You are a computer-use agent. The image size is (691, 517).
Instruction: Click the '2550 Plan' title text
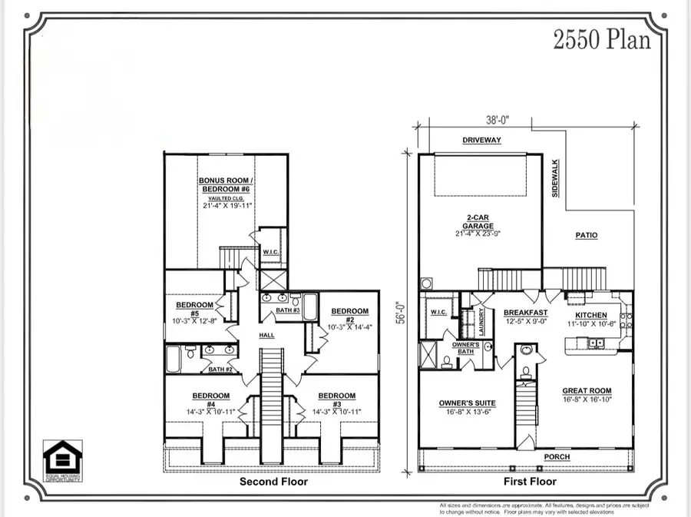coord(601,39)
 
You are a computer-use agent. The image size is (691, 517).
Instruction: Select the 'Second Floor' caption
coord(273,482)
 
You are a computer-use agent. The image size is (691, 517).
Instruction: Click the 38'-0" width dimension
coord(498,120)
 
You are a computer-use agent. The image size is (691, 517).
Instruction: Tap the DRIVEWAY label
coord(481,141)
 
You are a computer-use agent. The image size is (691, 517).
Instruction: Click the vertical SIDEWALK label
coord(555,179)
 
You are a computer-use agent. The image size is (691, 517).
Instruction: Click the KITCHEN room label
coord(591,315)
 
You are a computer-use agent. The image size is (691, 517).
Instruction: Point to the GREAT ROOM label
coord(586,390)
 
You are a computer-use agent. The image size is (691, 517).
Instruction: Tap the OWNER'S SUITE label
coord(467,403)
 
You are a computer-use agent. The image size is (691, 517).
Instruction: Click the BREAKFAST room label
coord(525,313)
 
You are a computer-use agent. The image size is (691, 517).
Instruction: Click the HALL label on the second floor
coord(266,335)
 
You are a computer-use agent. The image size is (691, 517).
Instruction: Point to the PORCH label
coord(557,456)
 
